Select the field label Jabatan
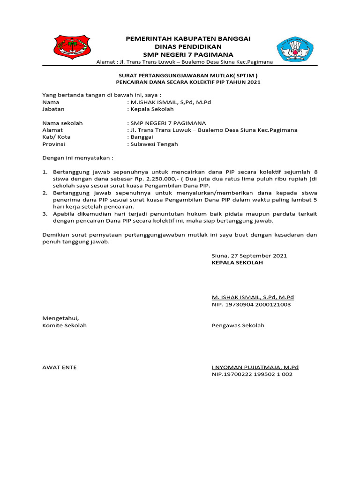[x=53, y=109]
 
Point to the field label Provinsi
[x=55, y=144]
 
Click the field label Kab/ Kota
[x=56, y=137]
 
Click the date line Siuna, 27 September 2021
[x=249, y=255]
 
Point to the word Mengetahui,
[x=58, y=318]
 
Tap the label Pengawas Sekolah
[x=238, y=325]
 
